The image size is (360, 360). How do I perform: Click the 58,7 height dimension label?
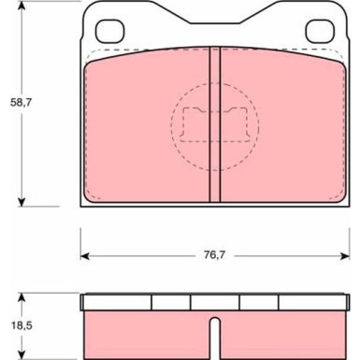click(x=21, y=102)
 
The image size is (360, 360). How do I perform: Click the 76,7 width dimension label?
click(x=214, y=255)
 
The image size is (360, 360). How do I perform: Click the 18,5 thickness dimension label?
click(x=22, y=326)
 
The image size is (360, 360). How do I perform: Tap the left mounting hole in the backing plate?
click(x=109, y=31)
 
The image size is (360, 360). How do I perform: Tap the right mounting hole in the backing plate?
click(x=320, y=31)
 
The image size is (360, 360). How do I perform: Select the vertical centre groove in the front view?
click(x=214, y=124)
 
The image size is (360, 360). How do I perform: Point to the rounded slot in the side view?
click(x=214, y=338)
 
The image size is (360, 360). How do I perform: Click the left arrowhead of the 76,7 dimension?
click(x=85, y=256)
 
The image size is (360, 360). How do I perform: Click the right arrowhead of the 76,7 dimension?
click(x=345, y=256)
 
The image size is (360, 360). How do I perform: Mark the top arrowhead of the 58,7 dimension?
click(x=22, y=6)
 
